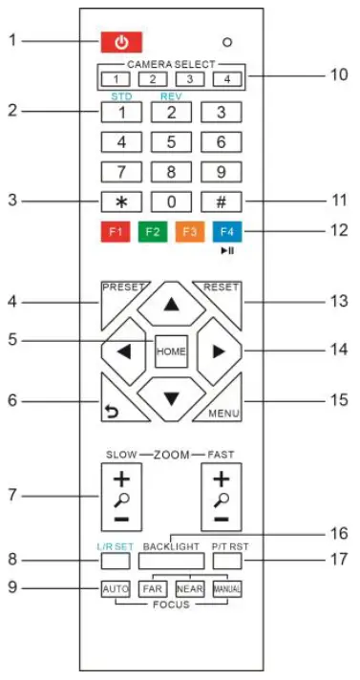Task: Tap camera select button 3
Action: [189, 79]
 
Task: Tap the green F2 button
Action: [150, 233]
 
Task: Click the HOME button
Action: [172, 350]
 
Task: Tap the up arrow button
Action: [172, 304]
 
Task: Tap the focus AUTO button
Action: [116, 588]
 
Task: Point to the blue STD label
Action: [118, 96]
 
